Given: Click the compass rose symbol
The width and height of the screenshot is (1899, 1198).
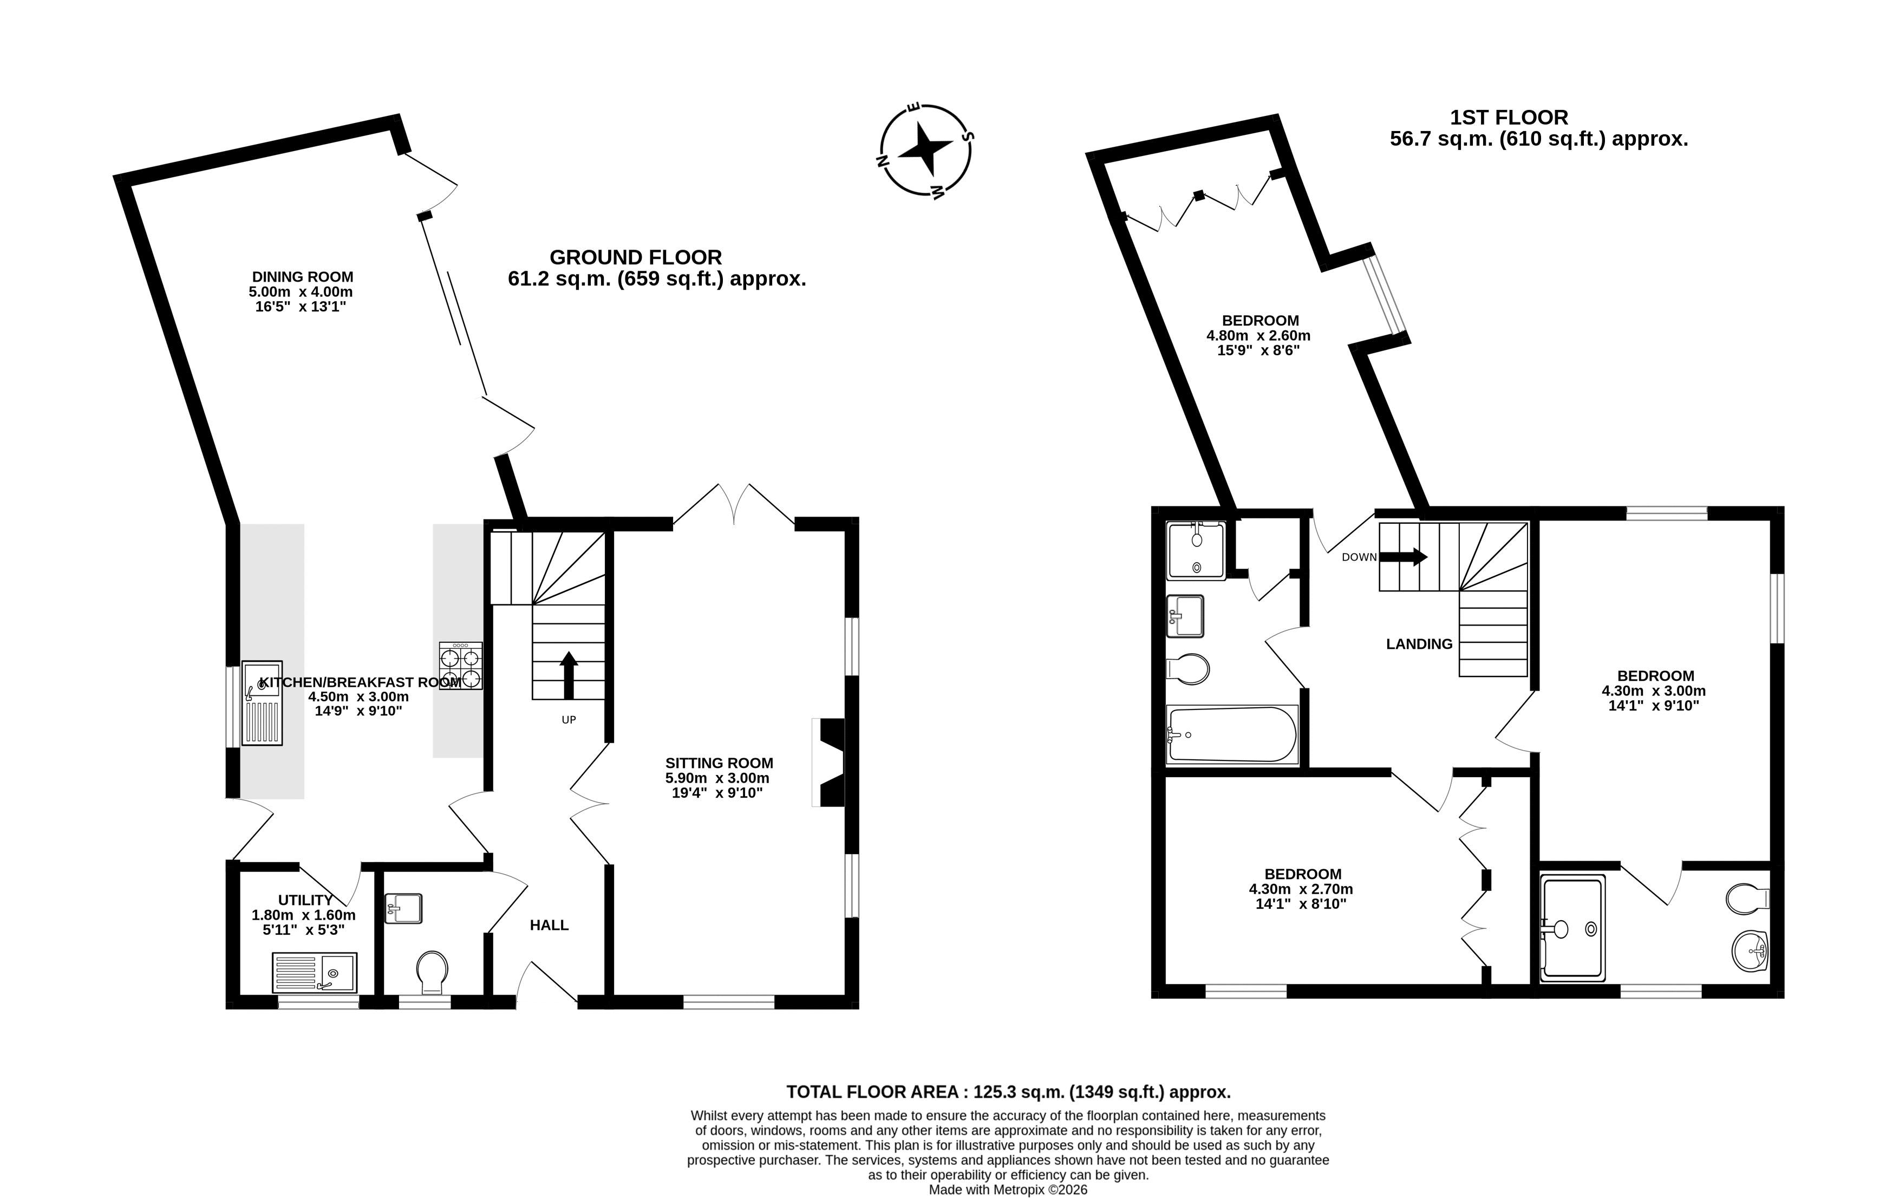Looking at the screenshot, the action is coord(924,150).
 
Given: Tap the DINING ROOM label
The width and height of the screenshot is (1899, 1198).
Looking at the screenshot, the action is coord(302,277).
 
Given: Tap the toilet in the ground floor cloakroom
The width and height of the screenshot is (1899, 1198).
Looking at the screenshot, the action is coord(432,972).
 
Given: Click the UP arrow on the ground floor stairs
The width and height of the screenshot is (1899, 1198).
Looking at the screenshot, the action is coord(569,675).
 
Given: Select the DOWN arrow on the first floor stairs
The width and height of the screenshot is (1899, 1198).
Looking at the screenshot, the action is coord(1403,557).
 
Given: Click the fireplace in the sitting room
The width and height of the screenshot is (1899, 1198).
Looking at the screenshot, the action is coord(830,762).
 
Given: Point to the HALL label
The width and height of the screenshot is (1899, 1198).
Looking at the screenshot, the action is coord(549,925).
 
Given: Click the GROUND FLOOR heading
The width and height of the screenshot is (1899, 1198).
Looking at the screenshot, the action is coord(636,257).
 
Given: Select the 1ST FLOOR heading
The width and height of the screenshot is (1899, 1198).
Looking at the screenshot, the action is coord(1510,118).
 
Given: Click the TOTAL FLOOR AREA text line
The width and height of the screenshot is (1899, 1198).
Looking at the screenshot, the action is coord(1009,1092).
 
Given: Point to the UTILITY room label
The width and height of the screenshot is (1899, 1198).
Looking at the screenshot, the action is coord(305,901).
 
